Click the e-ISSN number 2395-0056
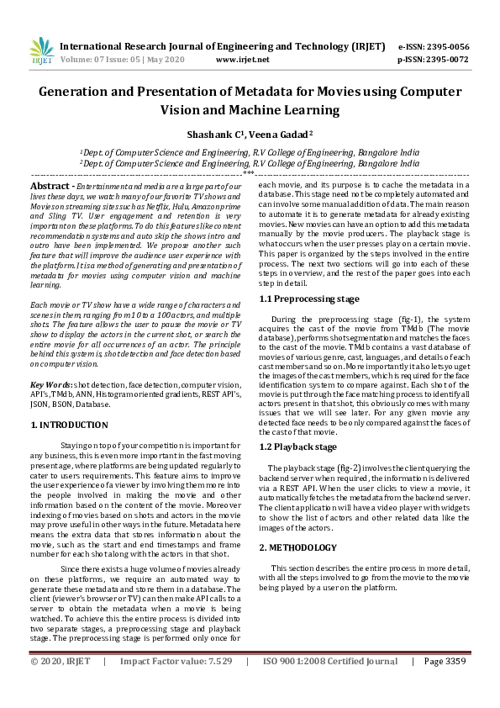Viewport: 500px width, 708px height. (x=445, y=46)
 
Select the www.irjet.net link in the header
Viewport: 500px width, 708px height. (x=242, y=60)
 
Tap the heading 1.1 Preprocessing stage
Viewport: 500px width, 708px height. (x=308, y=299)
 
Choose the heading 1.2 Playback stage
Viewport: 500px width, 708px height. (x=297, y=470)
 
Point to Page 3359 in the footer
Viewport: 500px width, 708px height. (x=445, y=685)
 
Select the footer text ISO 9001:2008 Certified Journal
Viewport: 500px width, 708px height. (x=329, y=685)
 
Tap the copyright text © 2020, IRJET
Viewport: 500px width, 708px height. (x=61, y=685)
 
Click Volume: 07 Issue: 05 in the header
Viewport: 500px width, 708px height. (x=100, y=60)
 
